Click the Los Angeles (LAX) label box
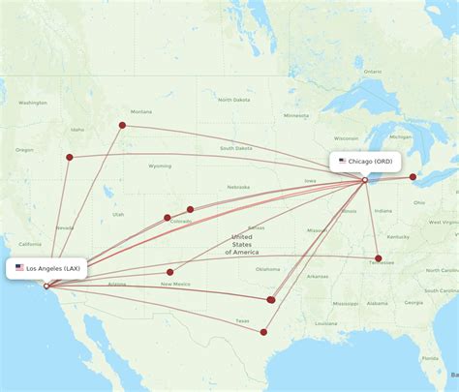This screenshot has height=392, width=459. click(x=48, y=268)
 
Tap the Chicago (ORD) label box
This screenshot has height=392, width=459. click(x=366, y=161)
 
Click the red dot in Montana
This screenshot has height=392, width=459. click(x=122, y=125)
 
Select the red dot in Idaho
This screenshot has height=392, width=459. click(x=69, y=156)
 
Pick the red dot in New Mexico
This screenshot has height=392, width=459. click(x=169, y=272)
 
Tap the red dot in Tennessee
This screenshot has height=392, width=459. click(x=378, y=258)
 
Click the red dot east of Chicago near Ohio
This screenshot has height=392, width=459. click(x=413, y=177)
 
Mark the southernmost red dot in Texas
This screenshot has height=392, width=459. click(x=263, y=332)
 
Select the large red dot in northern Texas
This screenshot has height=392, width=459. click(x=271, y=300)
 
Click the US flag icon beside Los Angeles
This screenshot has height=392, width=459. click(x=19, y=268)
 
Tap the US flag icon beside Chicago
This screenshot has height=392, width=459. click(x=342, y=161)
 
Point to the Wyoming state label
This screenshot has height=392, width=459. click(x=160, y=166)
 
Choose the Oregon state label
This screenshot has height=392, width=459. click(x=23, y=150)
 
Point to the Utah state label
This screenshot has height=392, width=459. click(x=117, y=214)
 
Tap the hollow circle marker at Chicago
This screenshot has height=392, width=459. click(x=365, y=180)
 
